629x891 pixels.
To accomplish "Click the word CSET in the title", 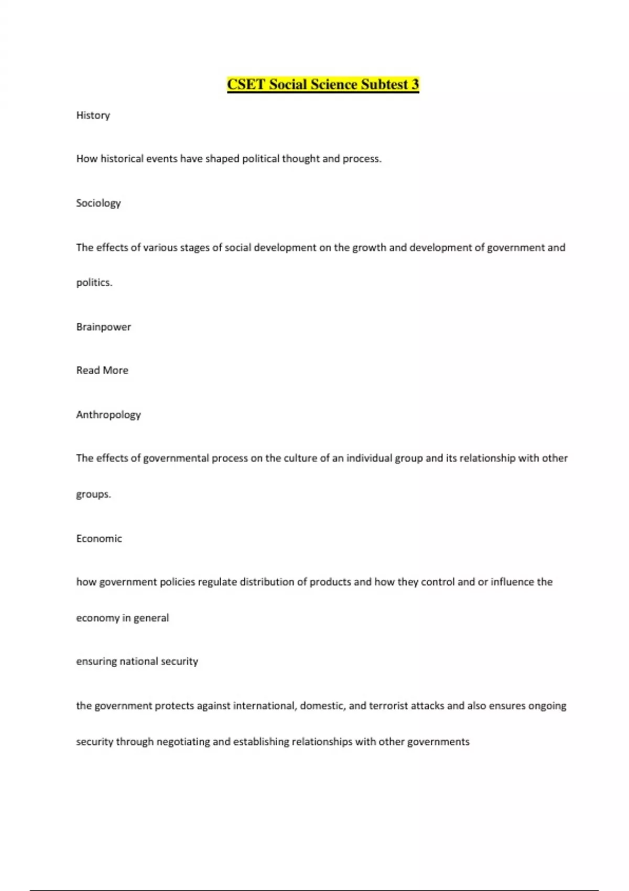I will [x=246, y=84].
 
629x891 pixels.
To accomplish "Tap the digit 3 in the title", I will [x=415, y=84].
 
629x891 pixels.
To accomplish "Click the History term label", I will [x=93, y=115].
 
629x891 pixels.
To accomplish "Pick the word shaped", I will [x=222, y=159].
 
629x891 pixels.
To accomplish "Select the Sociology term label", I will [x=98, y=203].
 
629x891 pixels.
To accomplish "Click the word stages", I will [x=194, y=247].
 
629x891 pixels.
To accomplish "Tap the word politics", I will [x=94, y=282].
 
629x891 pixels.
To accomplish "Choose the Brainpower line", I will [x=103, y=327].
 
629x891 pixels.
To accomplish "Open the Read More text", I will [x=102, y=371].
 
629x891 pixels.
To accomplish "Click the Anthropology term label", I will [x=109, y=415].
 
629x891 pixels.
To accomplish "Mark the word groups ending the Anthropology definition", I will [x=93, y=494].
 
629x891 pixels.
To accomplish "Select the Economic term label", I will [x=99, y=538].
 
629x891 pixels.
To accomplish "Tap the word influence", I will [x=512, y=582].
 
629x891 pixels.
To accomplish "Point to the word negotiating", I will [x=183, y=742].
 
